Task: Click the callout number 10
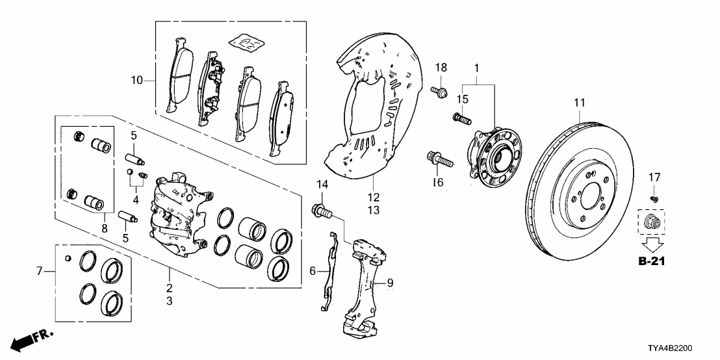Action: click(x=136, y=81)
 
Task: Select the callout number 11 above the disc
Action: click(x=580, y=103)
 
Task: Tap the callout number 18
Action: click(x=441, y=68)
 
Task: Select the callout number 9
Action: click(x=390, y=283)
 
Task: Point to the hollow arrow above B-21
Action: click(x=654, y=244)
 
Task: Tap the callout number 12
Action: click(x=373, y=197)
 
